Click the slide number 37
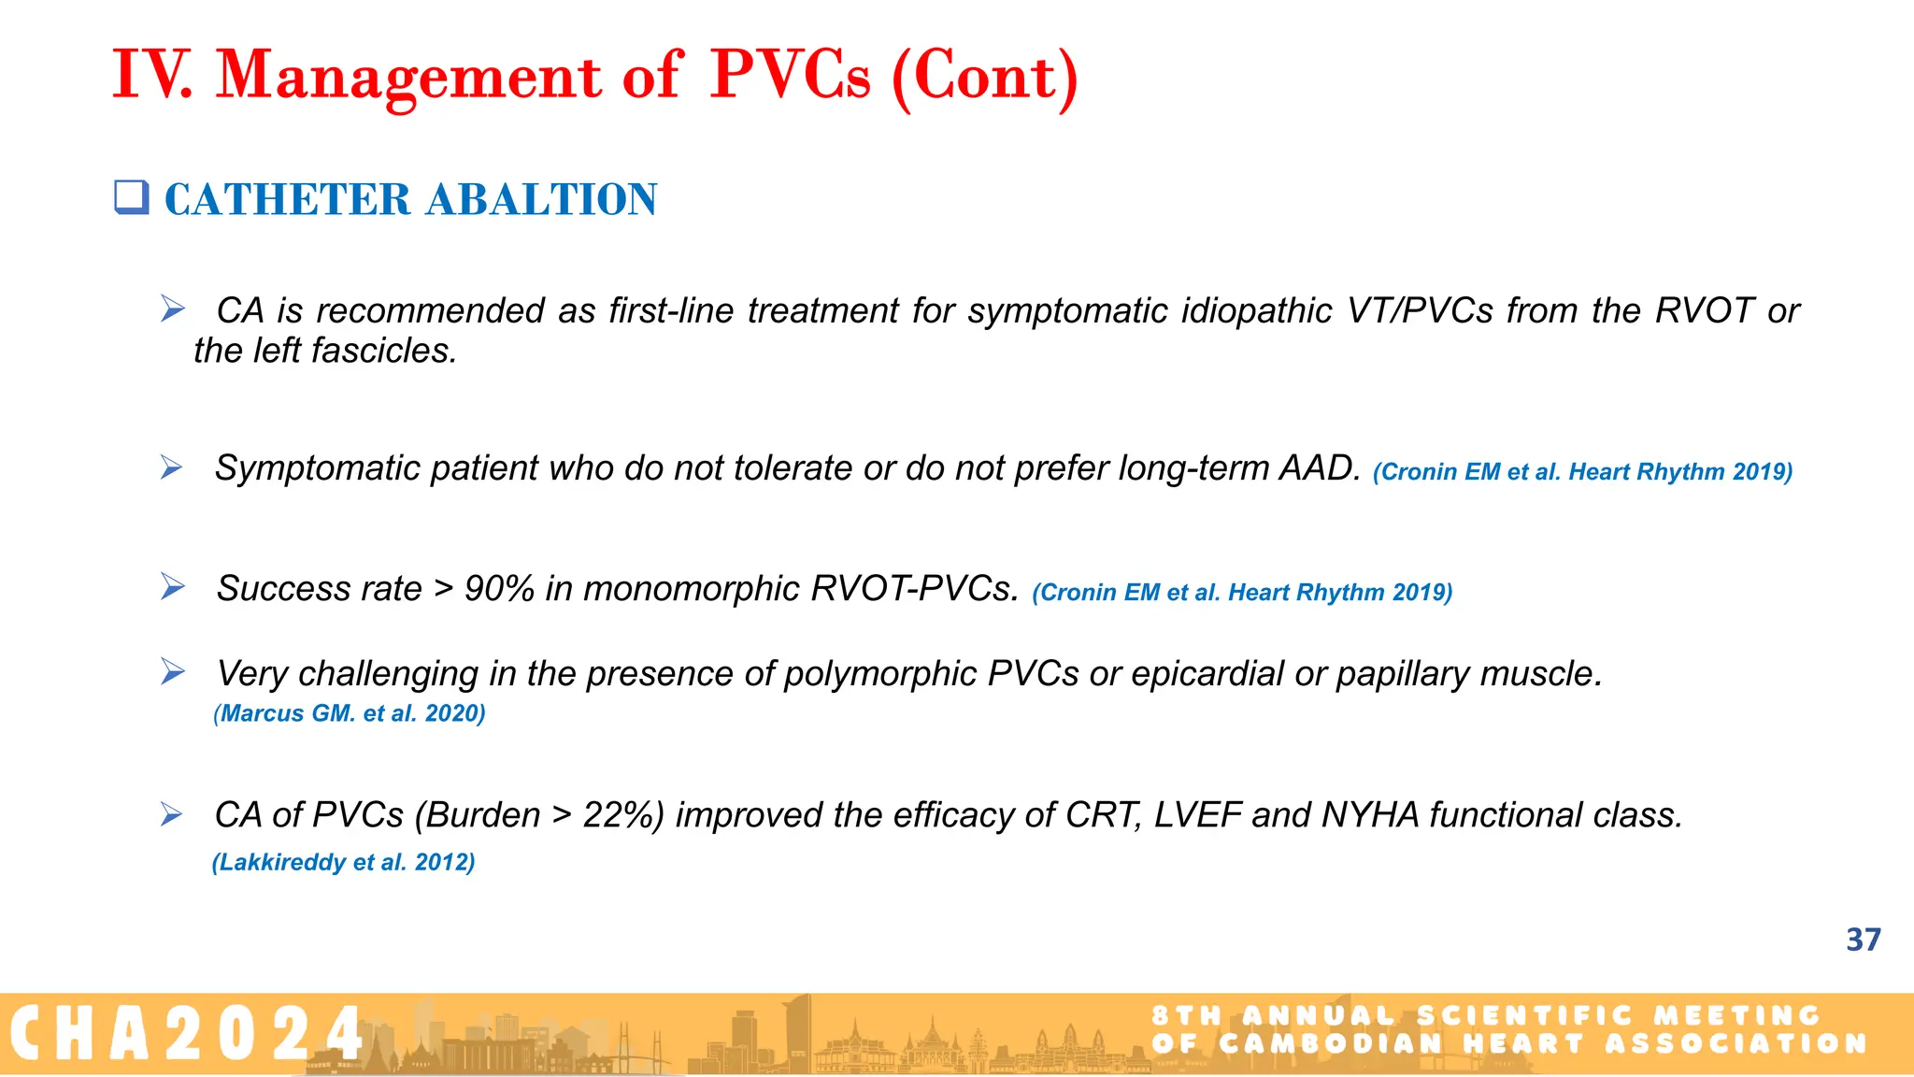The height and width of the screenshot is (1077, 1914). click(x=1863, y=940)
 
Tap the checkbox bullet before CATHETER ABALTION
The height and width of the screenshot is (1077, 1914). click(x=132, y=198)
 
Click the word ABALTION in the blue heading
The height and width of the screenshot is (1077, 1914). click(x=542, y=200)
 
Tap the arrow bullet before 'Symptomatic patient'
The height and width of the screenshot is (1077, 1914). click(x=171, y=467)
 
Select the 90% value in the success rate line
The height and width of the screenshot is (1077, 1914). click(x=499, y=588)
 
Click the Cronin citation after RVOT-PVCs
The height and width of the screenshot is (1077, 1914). click(x=1242, y=593)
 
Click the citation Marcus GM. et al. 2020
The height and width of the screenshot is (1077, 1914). click(x=350, y=713)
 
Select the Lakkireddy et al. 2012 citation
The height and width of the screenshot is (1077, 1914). click(x=343, y=862)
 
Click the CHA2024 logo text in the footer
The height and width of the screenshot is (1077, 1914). click(x=187, y=1033)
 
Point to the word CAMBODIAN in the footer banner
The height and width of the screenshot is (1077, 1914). click(x=1332, y=1043)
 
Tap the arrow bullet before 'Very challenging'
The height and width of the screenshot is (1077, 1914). click(x=172, y=671)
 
